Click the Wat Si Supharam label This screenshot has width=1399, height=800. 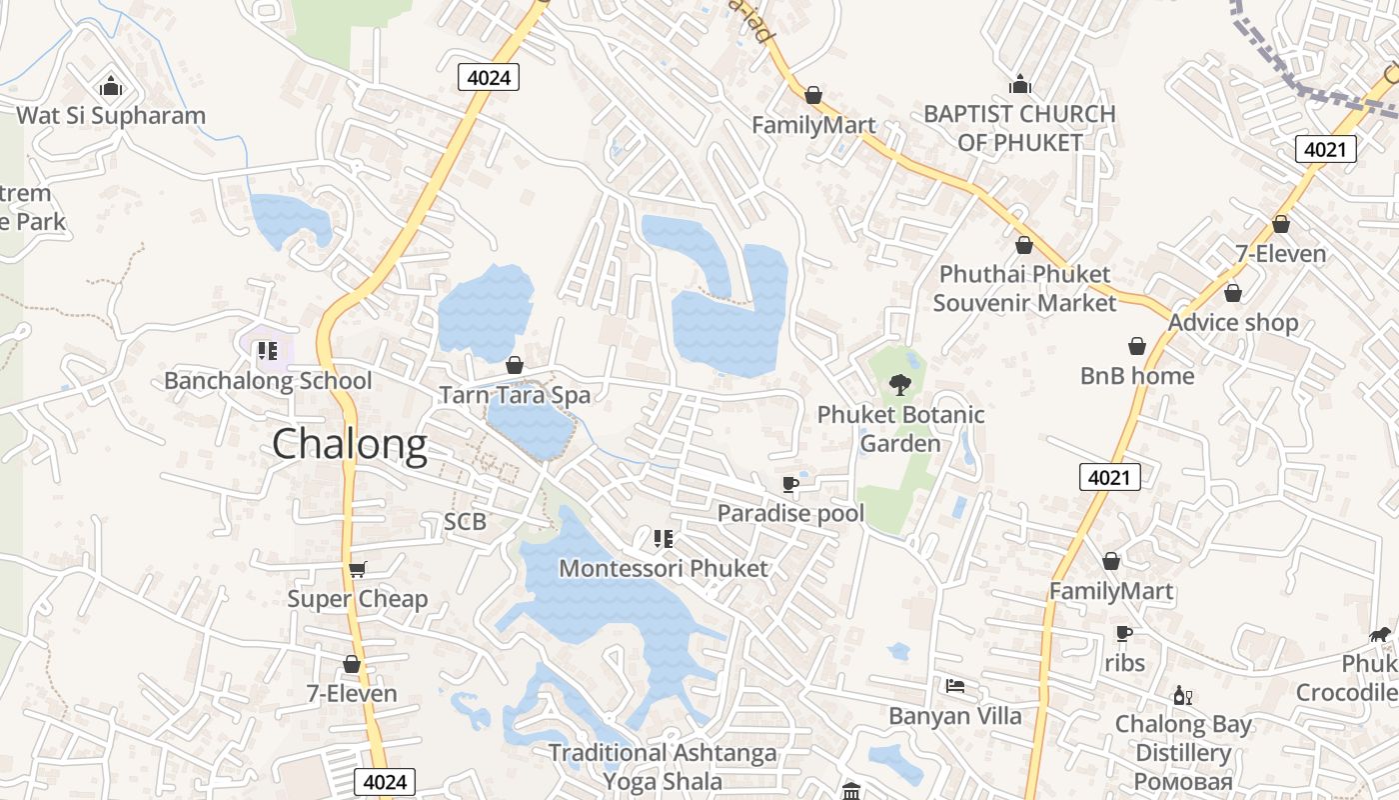coord(111,115)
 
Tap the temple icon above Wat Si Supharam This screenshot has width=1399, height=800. coord(111,87)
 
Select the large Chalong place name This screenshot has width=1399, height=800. coord(350,444)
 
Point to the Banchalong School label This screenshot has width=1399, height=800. coord(268,381)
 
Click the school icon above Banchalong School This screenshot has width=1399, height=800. coord(267,351)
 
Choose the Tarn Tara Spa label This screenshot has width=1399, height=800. coord(516,395)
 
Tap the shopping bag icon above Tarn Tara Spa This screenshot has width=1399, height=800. coord(515,365)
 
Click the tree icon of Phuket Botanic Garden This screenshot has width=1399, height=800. coord(900,384)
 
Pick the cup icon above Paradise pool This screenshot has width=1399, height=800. coord(790,485)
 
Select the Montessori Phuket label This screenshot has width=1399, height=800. coord(664,568)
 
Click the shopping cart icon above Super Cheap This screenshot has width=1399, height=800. coord(358,569)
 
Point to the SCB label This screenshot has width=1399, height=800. coord(465,521)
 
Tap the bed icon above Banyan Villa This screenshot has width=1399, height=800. coord(955,686)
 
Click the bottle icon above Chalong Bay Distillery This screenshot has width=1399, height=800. coord(1183,695)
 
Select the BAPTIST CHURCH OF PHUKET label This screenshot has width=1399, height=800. coord(1019,128)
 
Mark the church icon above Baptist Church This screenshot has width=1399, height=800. coord(1019,84)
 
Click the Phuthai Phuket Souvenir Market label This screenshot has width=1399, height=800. coord(1024,288)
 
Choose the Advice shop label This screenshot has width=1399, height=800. coord(1233,322)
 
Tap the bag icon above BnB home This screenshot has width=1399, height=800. coord(1137,346)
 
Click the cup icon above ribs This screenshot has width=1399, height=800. coord(1124,633)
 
